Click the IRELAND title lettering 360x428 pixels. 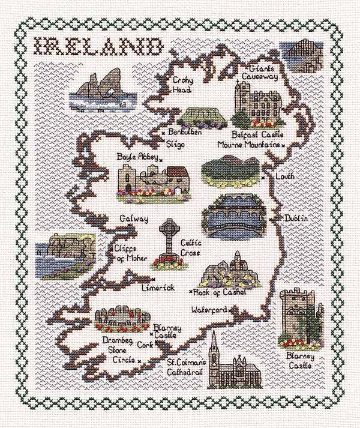pos(97,47)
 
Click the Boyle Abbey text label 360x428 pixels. pos(138,157)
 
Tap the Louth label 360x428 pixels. pos(284,177)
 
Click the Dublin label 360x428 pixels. pos(296,219)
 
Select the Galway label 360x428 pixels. pos(133,219)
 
